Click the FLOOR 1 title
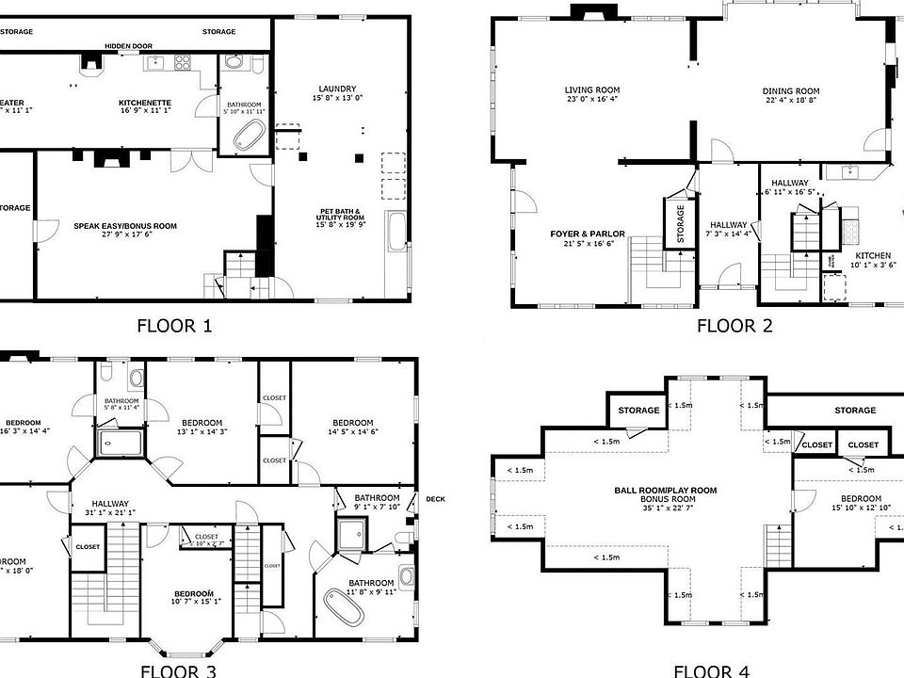174,326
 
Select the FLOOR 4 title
711,670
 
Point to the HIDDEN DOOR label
129,45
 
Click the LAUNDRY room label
336,89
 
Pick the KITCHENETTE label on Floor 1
144,103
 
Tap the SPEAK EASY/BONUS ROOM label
125,226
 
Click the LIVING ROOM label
592,90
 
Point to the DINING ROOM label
790,92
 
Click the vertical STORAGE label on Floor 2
680,225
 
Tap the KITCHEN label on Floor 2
872,255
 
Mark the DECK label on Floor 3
435,499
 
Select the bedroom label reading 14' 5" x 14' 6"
353,422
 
